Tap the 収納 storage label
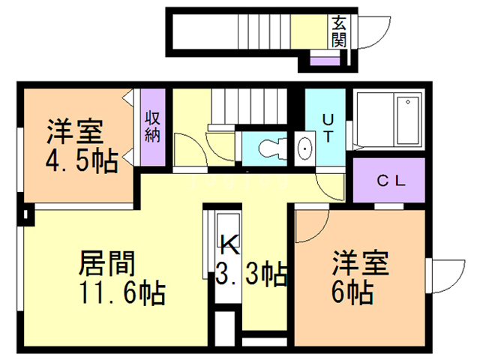pos(153,127)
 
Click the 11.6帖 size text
pos(124,291)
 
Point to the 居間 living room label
pos(107,262)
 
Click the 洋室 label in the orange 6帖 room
pos(361,262)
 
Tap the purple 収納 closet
pos(153,128)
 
